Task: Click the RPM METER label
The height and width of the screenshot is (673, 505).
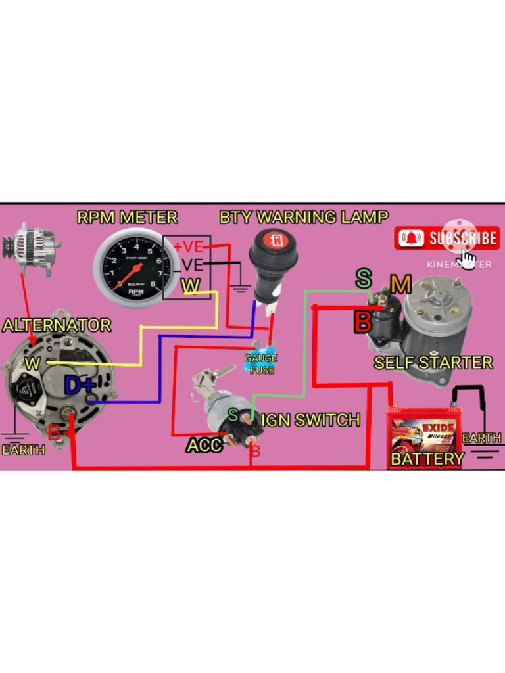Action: coord(127,218)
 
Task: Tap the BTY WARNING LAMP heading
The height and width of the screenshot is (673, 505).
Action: coord(303,218)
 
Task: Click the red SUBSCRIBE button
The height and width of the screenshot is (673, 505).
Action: coord(447,238)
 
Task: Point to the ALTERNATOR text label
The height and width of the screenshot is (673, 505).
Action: coord(57,325)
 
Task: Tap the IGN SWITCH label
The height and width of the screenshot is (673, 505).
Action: coord(311,420)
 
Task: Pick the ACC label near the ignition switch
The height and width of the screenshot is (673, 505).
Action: coord(204,446)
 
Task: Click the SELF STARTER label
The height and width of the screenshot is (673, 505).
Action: coord(433,363)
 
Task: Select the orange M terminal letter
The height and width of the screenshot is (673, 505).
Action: coord(400,285)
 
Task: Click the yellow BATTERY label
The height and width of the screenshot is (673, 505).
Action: coord(427,459)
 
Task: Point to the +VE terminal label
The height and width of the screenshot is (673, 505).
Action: coord(188,247)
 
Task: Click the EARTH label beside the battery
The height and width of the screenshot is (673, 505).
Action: coord(481,438)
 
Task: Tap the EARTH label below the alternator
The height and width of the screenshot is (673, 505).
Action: coord(23,450)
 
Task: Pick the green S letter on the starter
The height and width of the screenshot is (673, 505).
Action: coord(363,278)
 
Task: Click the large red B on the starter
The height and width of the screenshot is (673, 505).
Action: coord(362,321)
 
